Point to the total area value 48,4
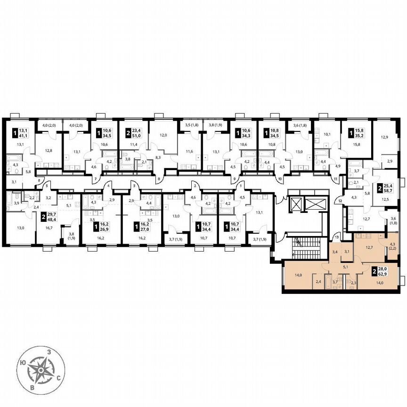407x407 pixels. coord(51,220)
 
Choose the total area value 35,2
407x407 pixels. coord(362,133)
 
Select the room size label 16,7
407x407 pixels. coord(48,228)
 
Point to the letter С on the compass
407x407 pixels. coord(58,378)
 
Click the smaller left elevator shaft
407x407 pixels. coord(296,204)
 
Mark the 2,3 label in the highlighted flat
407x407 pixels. coord(353,283)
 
